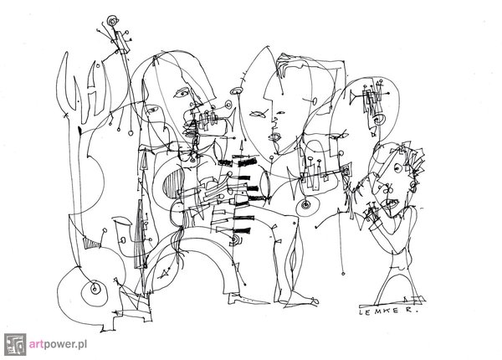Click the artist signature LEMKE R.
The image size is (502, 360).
[x=388, y=311]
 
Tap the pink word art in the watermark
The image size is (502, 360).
[x=34, y=345]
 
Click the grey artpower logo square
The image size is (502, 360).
[x=15, y=344]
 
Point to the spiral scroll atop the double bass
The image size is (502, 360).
[x=112, y=21]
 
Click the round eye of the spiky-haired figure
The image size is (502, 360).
[x=397, y=167]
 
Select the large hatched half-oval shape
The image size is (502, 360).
[x=173, y=183]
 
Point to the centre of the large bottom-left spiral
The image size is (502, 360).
[x=94, y=289]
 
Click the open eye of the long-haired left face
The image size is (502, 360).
[x=182, y=93]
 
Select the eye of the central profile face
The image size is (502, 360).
[x=281, y=113]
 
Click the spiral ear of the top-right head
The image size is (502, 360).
[x=380, y=120]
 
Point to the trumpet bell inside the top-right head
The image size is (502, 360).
[x=353, y=95]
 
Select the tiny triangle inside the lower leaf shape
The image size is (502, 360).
[x=165, y=273]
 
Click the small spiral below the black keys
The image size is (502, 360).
[x=236, y=239]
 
